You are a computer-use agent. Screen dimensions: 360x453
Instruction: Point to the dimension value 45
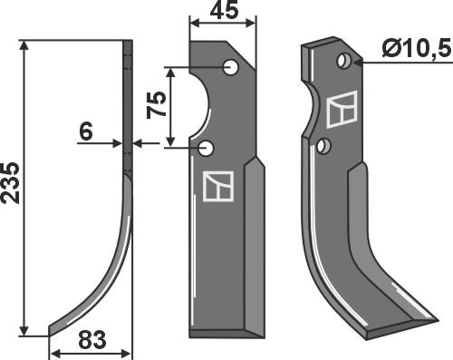223,13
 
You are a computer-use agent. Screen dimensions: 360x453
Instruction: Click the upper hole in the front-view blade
232,66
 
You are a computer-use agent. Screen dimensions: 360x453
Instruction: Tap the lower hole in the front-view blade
210,147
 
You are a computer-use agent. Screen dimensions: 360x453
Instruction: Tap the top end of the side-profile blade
130,42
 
